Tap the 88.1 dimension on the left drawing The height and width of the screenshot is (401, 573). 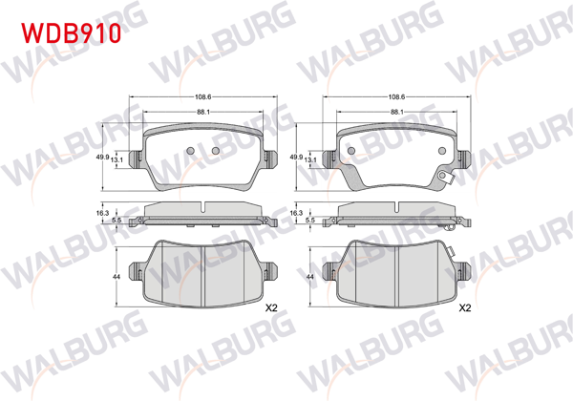[202, 112]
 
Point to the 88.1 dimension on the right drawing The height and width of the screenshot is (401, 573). [396, 112]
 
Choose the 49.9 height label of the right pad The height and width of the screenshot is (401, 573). [296, 157]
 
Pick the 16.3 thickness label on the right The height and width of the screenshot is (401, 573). [296, 214]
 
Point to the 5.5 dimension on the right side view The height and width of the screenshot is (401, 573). [309, 221]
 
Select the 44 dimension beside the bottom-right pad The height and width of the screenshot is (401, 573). [310, 275]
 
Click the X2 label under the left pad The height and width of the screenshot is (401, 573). [269, 308]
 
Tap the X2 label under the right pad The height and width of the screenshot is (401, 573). [465, 308]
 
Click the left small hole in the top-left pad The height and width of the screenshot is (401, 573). [190, 151]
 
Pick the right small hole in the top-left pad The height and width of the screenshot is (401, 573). [215, 151]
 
